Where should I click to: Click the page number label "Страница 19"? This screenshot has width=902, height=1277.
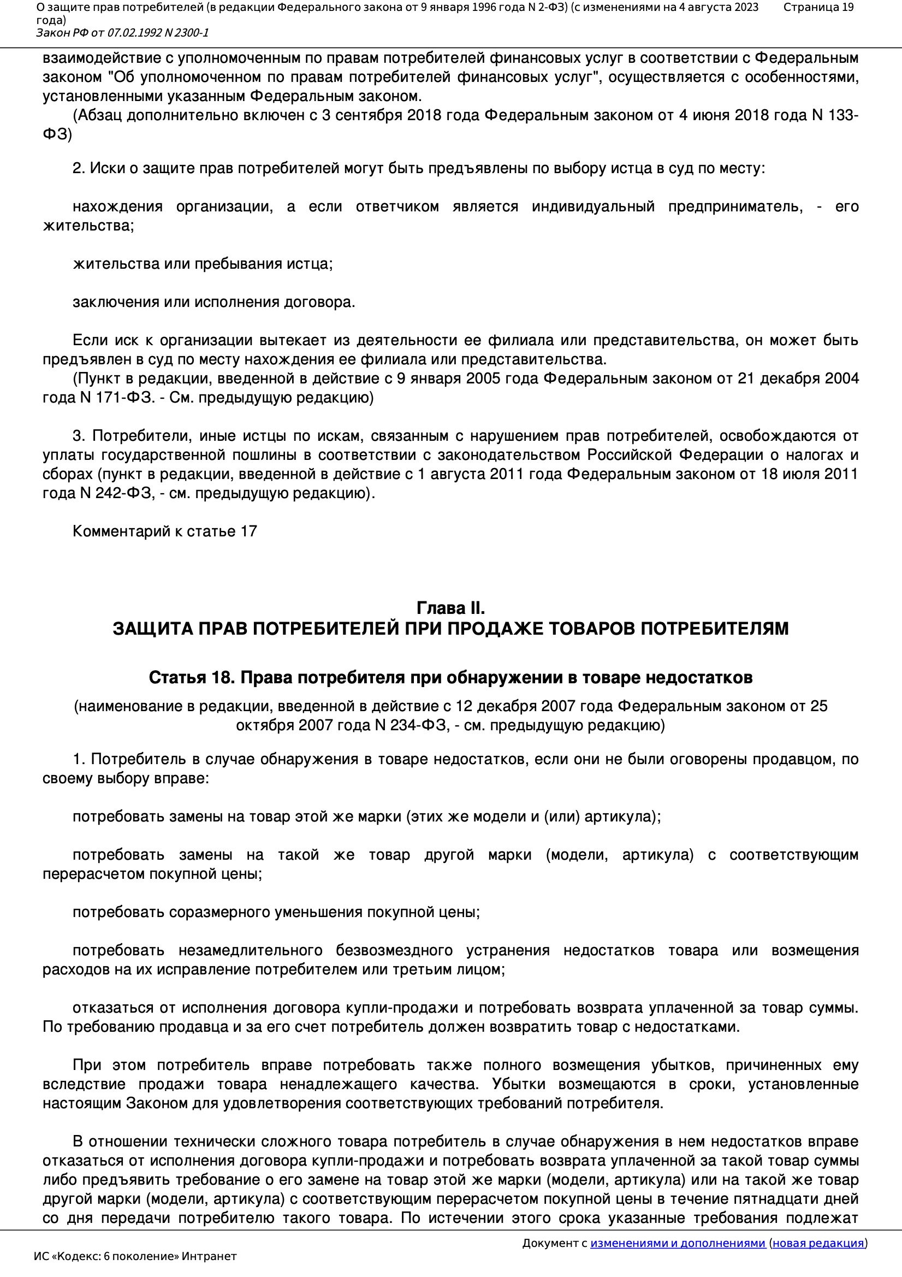click(x=818, y=7)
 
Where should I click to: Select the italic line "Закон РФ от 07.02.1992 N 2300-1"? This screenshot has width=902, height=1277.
click(x=122, y=33)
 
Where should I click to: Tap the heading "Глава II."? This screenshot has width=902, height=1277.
click(x=450, y=607)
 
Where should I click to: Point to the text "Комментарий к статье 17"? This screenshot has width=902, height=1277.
click(x=164, y=531)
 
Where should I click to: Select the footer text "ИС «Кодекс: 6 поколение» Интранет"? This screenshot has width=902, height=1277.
click(x=135, y=1256)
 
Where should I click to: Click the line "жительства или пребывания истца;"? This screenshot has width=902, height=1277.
click(x=203, y=264)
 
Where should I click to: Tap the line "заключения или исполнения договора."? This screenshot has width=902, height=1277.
click(x=213, y=302)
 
